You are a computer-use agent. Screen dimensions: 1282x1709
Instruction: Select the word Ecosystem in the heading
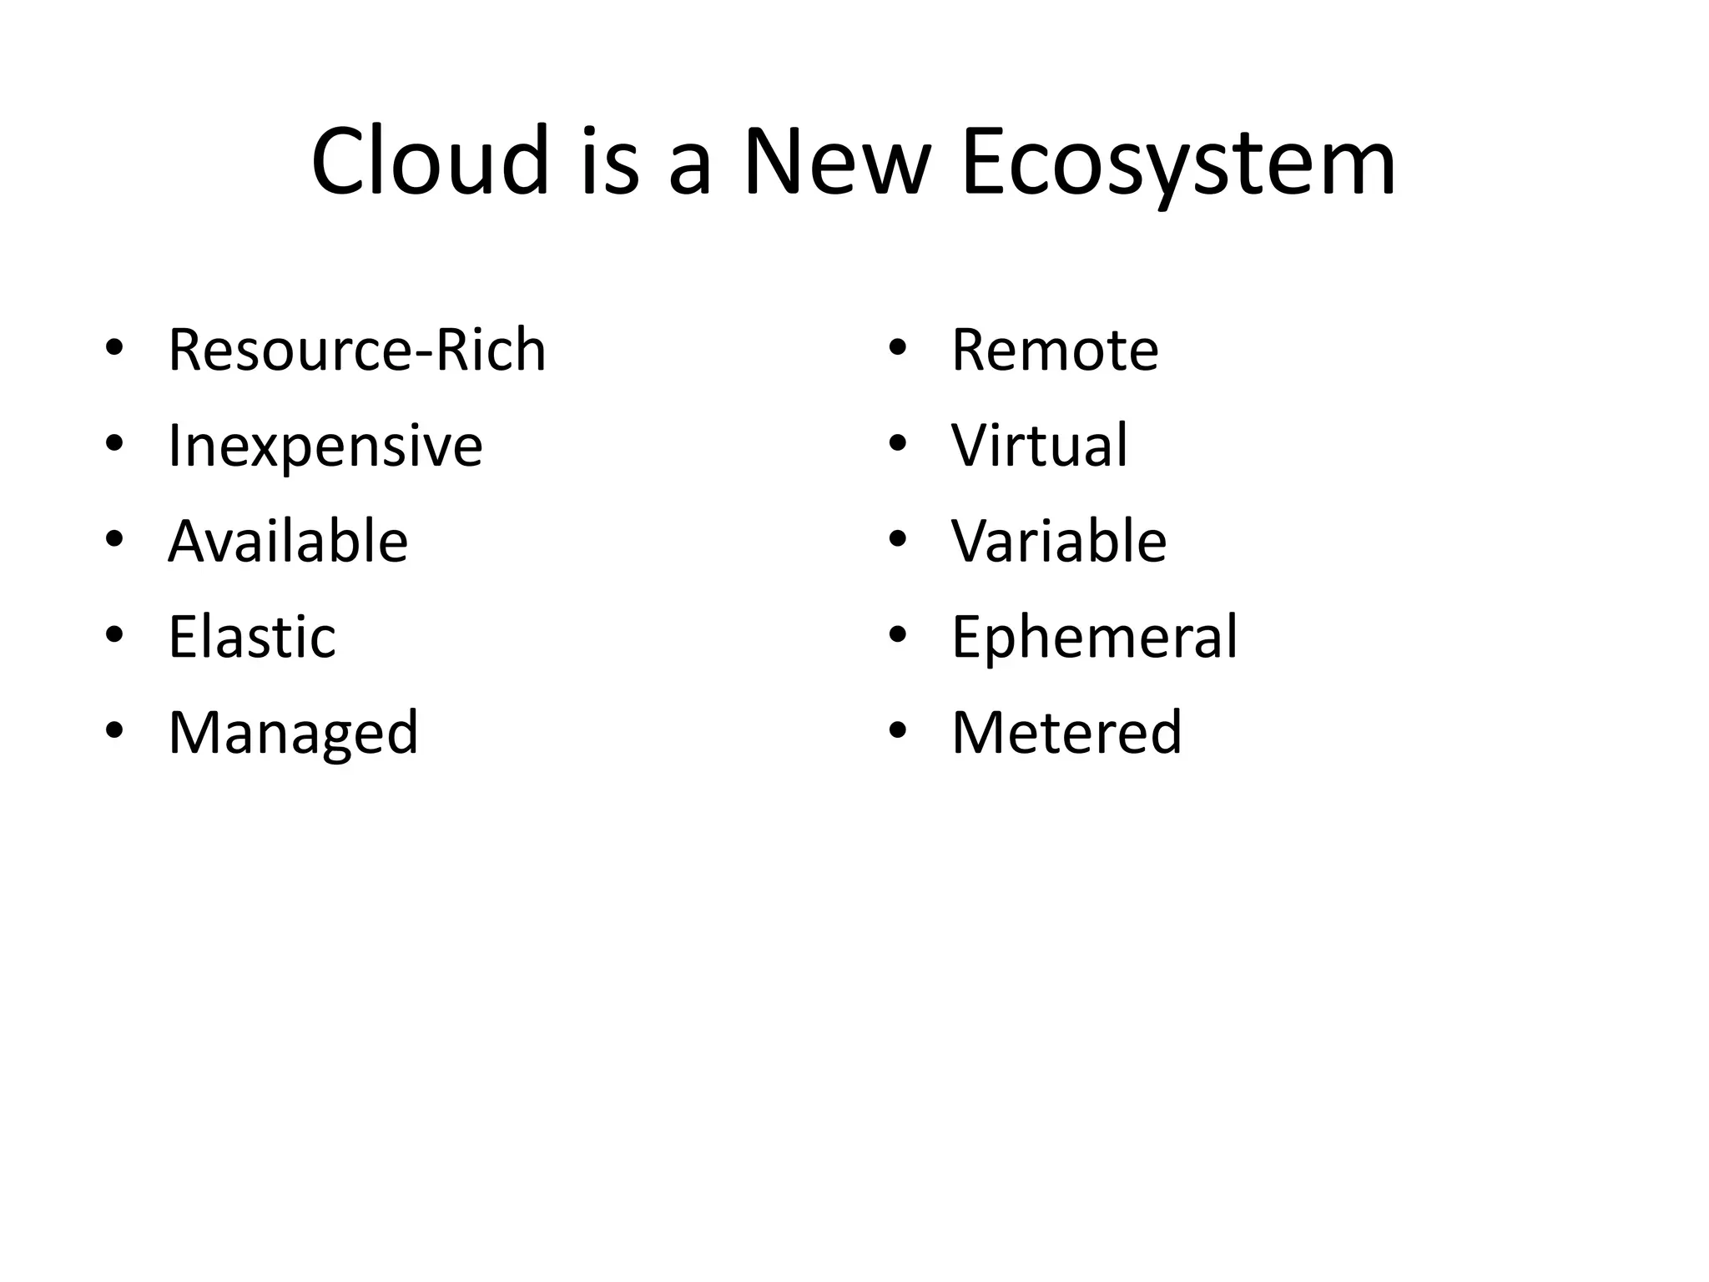point(1178,162)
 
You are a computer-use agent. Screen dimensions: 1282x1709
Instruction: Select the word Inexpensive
point(325,447)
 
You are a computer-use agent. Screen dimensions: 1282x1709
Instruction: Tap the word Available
point(288,541)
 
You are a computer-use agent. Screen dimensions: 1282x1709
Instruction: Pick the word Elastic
point(252,637)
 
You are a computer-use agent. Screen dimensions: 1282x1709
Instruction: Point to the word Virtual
point(1040,445)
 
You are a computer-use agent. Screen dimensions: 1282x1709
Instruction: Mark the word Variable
point(1059,541)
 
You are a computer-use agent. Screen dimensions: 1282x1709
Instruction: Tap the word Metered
point(1066,732)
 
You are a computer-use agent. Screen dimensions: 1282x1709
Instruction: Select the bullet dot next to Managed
point(114,731)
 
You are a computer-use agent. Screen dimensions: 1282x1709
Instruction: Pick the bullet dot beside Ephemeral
point(898,635)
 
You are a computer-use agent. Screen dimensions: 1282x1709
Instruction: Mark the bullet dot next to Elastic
point(114,635)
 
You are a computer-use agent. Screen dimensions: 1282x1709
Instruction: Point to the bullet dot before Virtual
point(898,443)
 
